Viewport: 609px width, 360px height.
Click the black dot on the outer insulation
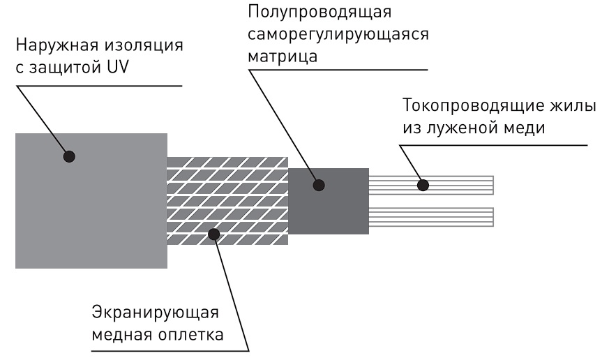point(68,156)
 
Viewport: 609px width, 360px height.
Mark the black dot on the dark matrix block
point(319,186)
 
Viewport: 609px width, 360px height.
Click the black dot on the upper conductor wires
point(421,185)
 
